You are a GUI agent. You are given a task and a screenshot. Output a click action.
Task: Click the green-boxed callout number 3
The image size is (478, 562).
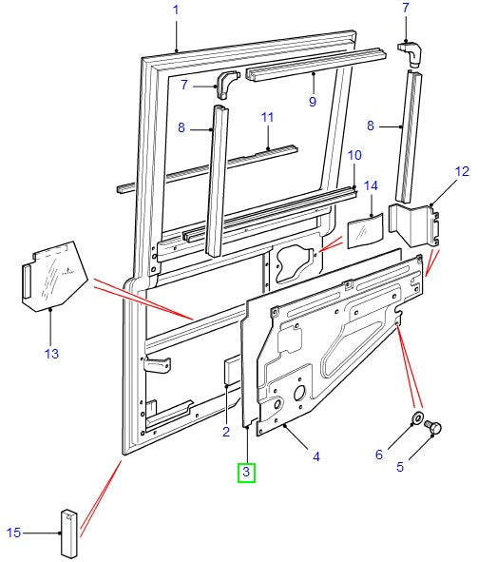pos(246,472)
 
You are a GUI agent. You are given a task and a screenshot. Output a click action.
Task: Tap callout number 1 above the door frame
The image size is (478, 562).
pos(176,10)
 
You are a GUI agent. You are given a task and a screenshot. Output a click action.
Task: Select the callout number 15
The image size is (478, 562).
pos(13,533)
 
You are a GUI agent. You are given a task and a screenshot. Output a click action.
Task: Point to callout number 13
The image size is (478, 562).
pos(51,354)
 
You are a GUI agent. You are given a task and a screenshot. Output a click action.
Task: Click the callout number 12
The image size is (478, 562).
pos(462,171)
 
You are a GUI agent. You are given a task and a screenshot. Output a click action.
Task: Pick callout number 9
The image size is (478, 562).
pos(313,102)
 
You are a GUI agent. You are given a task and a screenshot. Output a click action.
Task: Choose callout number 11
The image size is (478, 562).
pos(267,118)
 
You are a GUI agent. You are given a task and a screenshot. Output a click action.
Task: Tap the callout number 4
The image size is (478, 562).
pos(316,457)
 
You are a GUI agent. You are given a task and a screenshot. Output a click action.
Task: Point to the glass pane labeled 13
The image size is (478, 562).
pos(54,276)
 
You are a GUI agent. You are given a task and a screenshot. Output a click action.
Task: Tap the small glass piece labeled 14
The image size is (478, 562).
pos(365,230)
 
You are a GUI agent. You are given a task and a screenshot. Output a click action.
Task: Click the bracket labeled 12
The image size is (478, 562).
pos(413,224)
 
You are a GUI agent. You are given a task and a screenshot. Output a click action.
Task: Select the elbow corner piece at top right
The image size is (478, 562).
pos(411,54)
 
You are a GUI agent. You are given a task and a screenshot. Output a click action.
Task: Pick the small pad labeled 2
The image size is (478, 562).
pos(232,371)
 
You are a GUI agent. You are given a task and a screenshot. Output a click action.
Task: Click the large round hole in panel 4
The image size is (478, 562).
pos(299,394)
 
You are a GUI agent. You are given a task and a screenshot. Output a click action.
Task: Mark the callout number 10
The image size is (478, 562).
pos(354,156)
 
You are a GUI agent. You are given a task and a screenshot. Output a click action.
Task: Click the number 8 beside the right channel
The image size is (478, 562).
pos(371,126)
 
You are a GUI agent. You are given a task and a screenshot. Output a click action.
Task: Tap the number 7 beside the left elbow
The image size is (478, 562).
pos(184,85)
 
